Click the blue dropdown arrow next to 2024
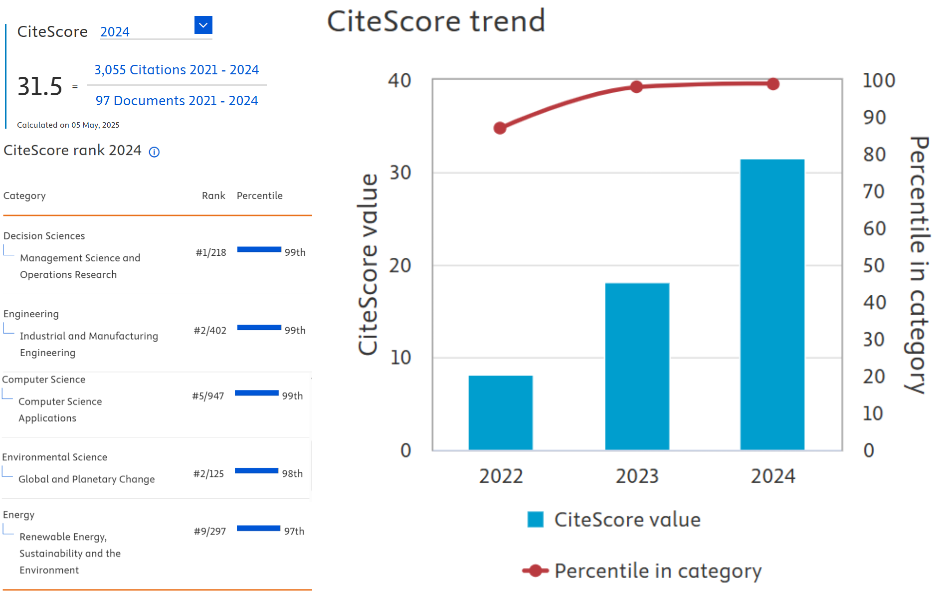tap(203, 25)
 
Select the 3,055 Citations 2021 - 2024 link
tap(177, 70)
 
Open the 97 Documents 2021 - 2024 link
tap(177, 101)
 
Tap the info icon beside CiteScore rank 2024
tap(155, 152)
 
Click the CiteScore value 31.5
tap(40, 86)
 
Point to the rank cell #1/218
tap(210, 252)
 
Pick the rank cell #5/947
tap(208, 396)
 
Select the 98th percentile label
tap(292, 474)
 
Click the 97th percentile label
tap(294, 532)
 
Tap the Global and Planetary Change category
tap(86, 479)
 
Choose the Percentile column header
tap(259, 196)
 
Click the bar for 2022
tap(500, 413)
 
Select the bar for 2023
tap(637, 367)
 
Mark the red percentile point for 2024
tap(773, 84)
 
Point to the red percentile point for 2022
tap(500, 128)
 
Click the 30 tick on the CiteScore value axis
tap(400, 173)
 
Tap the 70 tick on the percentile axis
tap(874, 192)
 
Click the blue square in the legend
tap(536, 520)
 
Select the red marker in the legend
tap(536, 571)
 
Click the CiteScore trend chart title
tap(436, 21)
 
